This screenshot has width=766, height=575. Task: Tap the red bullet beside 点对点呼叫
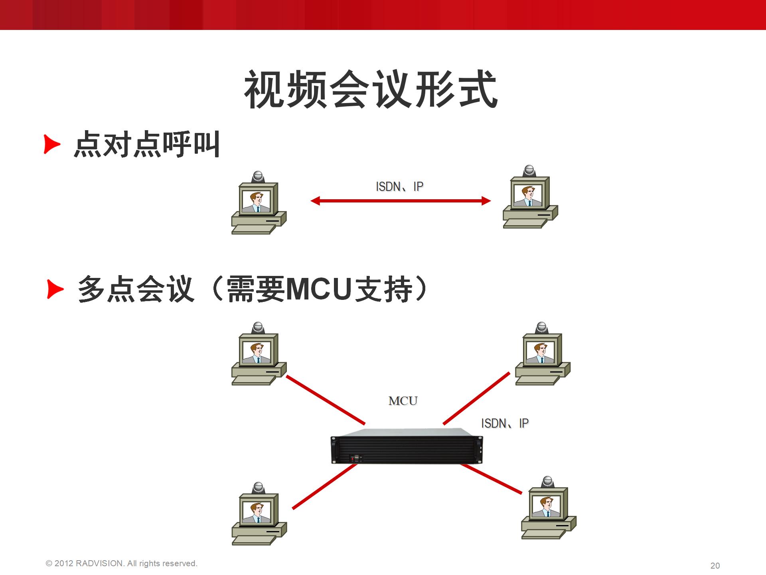point(52,144)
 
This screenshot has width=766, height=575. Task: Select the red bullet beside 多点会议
point(55,289)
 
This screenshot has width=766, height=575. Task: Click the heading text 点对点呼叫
point(147,144)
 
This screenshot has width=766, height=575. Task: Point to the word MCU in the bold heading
point(318,289)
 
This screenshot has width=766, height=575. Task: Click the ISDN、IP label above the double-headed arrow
point(399,186)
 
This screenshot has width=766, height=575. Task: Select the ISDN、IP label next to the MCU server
point(505,423)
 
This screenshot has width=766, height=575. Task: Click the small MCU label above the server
point(403,401)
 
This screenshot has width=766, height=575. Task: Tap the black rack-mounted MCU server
point(407,446)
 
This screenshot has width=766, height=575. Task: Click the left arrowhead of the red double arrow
point(315,201)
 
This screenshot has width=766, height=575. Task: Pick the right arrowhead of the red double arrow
point(486,201)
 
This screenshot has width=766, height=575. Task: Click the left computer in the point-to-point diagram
point(259,203)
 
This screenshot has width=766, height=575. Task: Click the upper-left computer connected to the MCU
point(259,354)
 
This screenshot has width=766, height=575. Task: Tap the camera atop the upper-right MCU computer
point(541,328)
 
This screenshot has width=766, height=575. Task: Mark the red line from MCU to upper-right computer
point(476,398)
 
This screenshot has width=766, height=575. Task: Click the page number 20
point(715,566)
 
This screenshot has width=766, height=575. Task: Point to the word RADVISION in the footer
point(99,563)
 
